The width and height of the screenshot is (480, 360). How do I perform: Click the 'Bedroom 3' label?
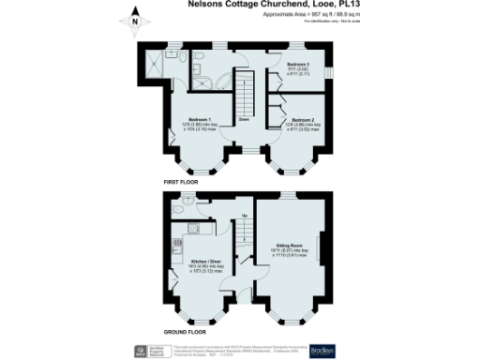(298, 64)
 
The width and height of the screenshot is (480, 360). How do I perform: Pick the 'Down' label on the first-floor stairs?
(243, 120)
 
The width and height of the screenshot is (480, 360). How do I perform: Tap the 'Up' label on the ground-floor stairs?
(246, 217)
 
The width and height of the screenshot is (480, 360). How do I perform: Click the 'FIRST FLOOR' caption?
(183, 180)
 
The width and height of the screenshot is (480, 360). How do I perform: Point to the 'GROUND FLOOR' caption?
(186, 331)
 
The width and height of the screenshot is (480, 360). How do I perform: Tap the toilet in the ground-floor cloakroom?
(188, 200)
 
